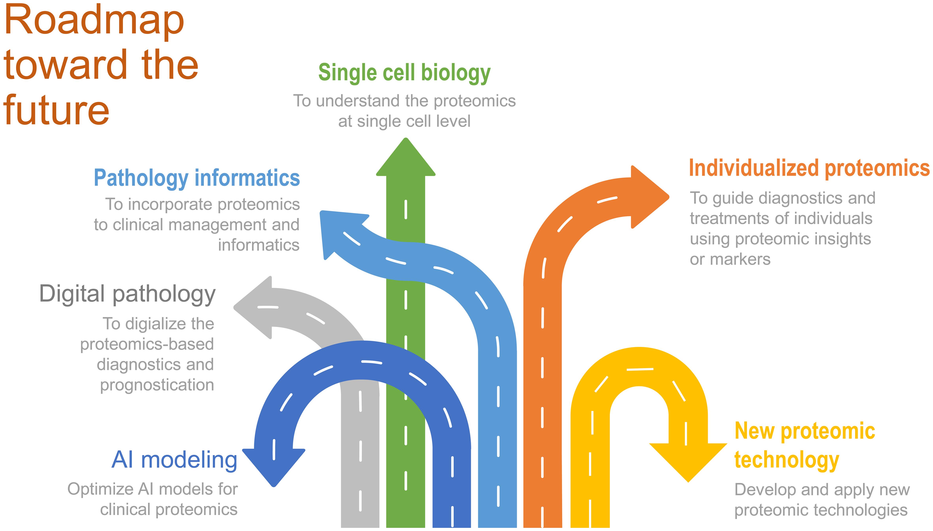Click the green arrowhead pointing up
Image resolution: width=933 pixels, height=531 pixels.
click(x=405, y=160)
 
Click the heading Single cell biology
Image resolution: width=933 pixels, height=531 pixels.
click(x=404, y=72)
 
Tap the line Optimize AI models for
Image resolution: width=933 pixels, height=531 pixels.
click(x=152, y=489)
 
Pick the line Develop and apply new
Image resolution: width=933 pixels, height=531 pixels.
click(x=822, y=490)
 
